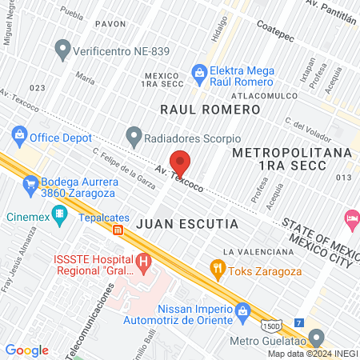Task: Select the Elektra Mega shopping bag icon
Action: click(x=199, y=74)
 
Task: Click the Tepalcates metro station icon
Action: click(x=118, y=230)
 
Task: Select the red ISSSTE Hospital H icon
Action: click(x=143, y=261)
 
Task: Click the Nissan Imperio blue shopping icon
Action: click(x=241, y=308)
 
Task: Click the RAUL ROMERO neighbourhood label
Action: click(x=210, y=110)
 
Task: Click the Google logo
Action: click(x=26, y=350)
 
